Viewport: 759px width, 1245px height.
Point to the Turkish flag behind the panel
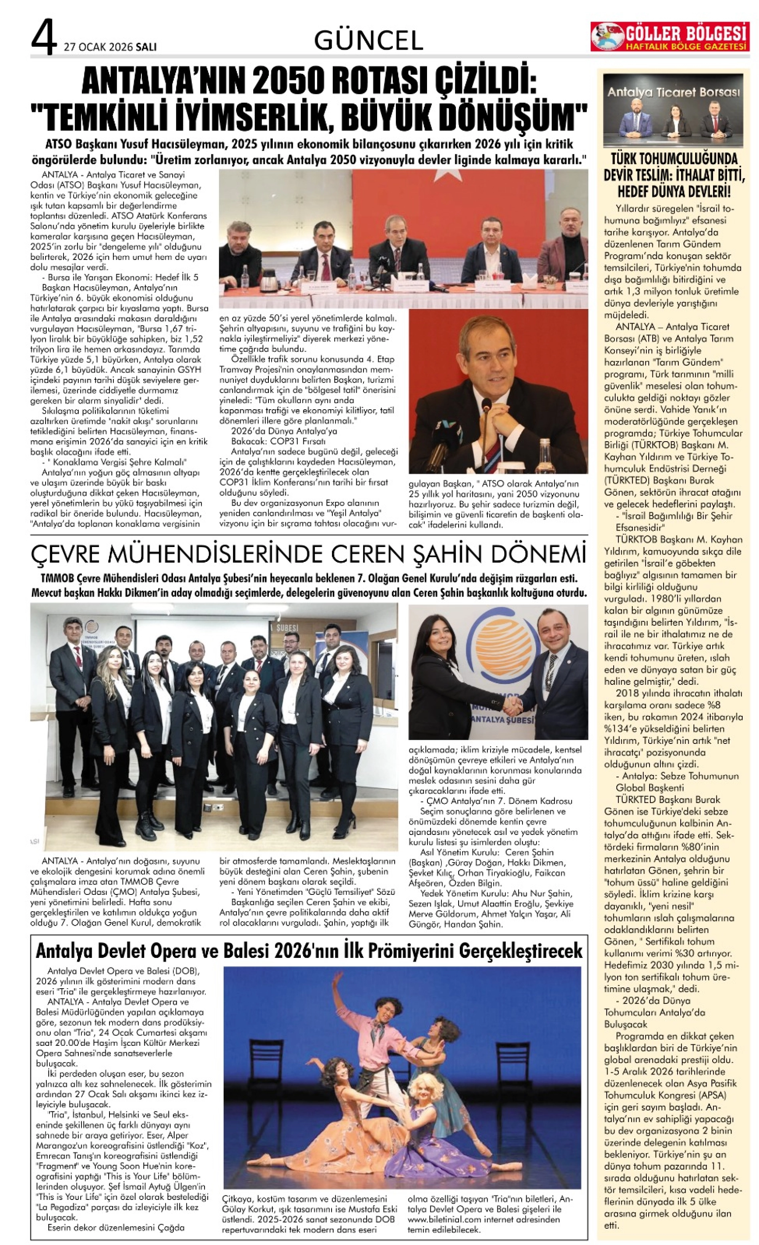pyautogui.click(x=440, y=202)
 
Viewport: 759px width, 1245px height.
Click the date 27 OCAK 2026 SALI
pyautogui.click(x=110, y=47)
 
